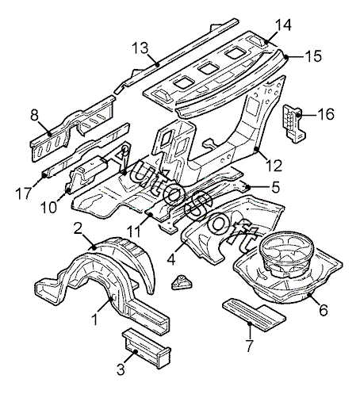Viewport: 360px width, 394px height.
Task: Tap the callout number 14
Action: (283, 25)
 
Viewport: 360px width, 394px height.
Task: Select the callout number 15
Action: (314, 56)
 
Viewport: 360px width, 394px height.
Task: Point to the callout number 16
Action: (326, 114)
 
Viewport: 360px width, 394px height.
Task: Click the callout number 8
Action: (34, 115)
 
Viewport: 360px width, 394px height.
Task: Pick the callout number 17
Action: (24, 193)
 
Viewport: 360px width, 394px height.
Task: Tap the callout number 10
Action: (49, 207)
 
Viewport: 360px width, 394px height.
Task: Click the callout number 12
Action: (274, 166)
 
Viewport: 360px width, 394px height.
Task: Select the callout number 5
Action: (275, 187)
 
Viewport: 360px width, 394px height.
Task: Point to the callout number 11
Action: (134, 231)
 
